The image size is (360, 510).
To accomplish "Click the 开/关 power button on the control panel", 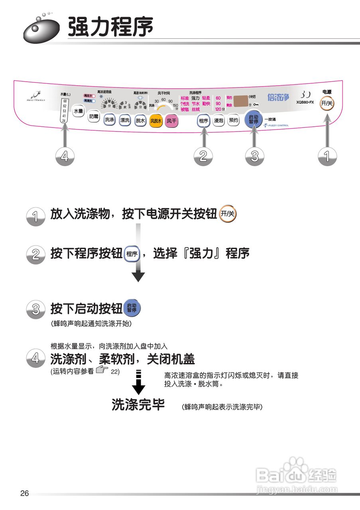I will click(x=327, y=104).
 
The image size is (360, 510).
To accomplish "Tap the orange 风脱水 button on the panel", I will click(x=155, y=120).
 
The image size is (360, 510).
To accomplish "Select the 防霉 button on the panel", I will click(x=94, y=117).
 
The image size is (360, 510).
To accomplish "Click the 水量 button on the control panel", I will click(x=79, y=111).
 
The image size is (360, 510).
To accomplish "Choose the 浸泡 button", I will click(x=218, y=120).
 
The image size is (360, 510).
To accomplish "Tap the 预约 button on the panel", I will click(x=234, y=120).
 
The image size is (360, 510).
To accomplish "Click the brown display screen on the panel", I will click(x=240, y=101).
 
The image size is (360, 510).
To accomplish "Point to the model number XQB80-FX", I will click(x=305, y=102).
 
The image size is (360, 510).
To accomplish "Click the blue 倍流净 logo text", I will click(x=278, y=97).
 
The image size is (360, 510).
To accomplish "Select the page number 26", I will click(x=25, y=493).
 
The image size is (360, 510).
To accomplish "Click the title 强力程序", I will click(x=110, y=27).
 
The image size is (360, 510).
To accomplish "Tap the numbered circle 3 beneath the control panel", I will click(x=254, y=156).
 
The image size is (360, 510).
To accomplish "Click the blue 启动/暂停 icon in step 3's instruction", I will click(x=132, y=308).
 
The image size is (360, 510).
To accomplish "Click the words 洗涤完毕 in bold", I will click(x=138, y=405).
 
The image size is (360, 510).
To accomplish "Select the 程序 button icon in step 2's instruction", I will click(x=132, y=254).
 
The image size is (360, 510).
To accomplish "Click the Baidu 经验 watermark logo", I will click(x=297, y=476).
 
